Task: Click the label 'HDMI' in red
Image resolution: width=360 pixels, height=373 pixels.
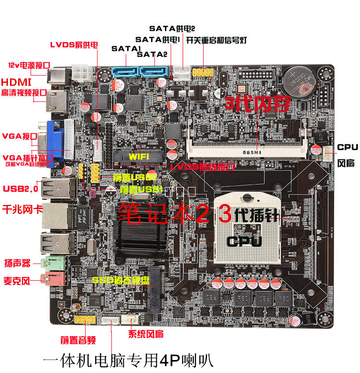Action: click(16, 82)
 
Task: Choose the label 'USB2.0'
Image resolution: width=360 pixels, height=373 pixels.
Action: click(21, 188)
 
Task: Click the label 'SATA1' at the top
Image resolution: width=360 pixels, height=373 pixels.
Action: click(125, 49)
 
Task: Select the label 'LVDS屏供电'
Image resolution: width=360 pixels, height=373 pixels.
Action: click(74, 45)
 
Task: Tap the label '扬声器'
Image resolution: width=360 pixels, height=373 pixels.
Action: click(17, 263)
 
